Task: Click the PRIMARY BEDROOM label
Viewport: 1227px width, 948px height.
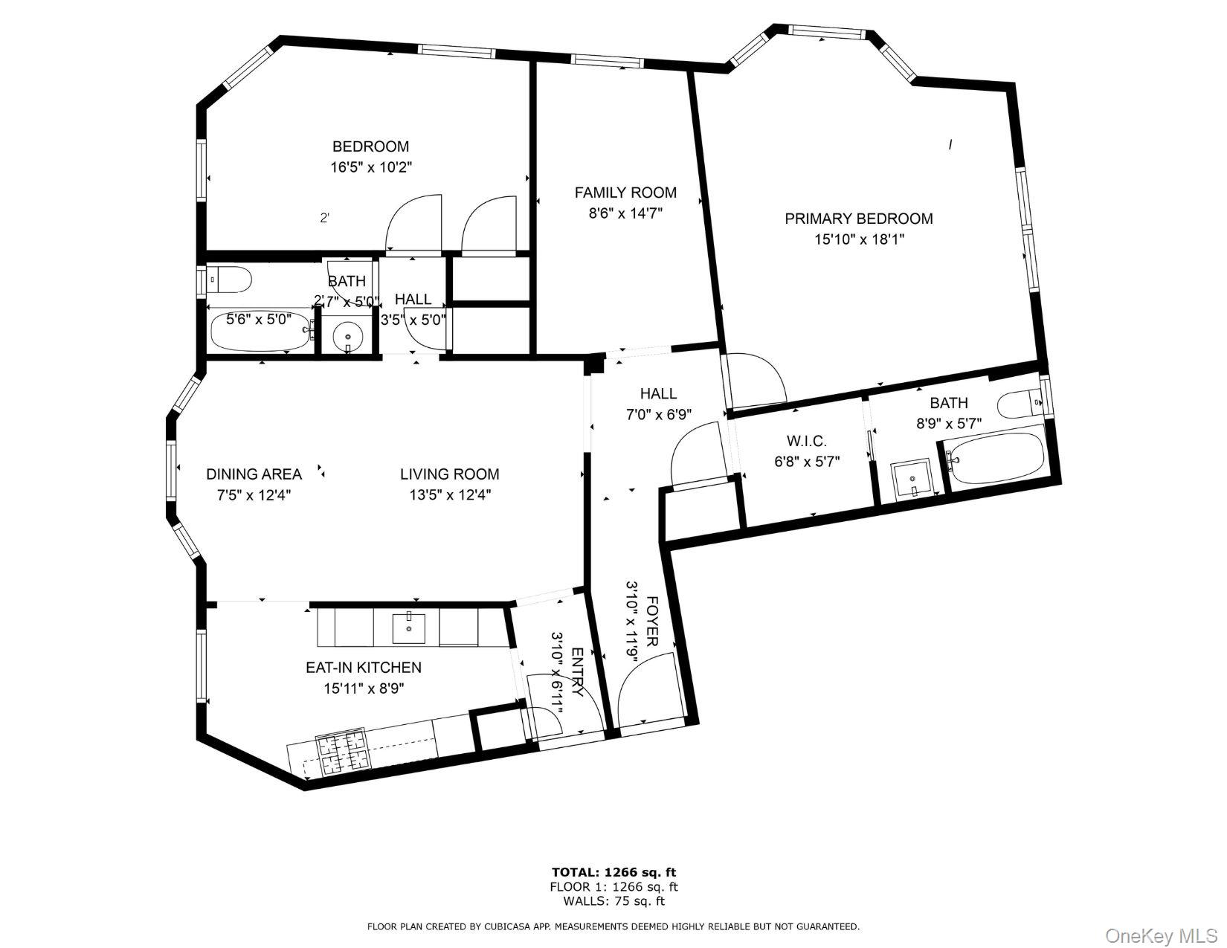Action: (859, 219)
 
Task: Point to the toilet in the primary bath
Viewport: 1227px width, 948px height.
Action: (1020, 406)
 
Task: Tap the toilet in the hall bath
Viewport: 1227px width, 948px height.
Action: (229, 280)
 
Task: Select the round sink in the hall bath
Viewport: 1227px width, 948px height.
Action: (347, 338)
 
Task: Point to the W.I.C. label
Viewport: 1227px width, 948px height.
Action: (807, 441)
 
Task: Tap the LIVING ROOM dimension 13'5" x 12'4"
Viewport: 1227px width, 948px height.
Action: (449, 494)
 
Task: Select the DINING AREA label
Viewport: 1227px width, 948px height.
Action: (254, 474)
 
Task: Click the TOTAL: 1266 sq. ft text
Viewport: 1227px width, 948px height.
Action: (613, 872)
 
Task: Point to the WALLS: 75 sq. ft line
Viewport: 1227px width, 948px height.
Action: (613, 902)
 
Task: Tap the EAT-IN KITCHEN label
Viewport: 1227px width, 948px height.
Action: (364, 668)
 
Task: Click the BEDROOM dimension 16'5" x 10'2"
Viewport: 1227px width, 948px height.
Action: (371, 167)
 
